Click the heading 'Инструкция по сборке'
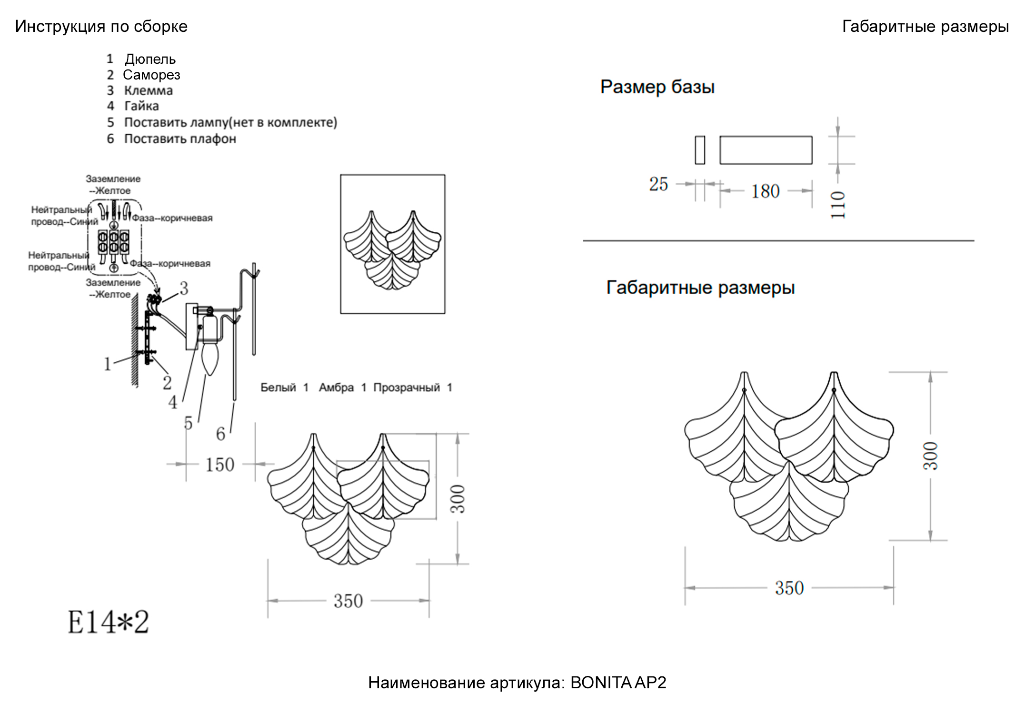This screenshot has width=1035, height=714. point(101,27)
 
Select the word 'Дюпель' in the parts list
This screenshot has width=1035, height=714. point(150,59)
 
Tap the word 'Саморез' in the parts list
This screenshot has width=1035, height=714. point(151,75)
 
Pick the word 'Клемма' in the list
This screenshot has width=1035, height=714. point(148,90)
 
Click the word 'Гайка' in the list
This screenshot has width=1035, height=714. point(141,106)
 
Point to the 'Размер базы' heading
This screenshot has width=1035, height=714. point(657,87)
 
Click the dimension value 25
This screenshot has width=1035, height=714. point(658,184)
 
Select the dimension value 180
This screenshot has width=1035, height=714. point(765,191)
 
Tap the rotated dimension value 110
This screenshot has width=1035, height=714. point(838,205)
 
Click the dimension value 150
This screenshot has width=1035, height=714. point(219,465)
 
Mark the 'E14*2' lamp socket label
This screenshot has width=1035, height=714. point(108,622)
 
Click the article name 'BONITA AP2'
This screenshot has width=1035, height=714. point(618,683)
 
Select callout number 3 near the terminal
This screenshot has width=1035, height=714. point(184,288)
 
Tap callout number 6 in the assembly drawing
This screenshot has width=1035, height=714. point(220,434)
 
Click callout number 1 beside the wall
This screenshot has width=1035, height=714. point(108,364)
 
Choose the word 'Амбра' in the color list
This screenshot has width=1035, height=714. point(336,387)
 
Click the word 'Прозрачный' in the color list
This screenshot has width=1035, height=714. point(406,387)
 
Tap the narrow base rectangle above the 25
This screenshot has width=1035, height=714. point(699,150)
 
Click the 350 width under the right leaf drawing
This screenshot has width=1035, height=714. point(789,588)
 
